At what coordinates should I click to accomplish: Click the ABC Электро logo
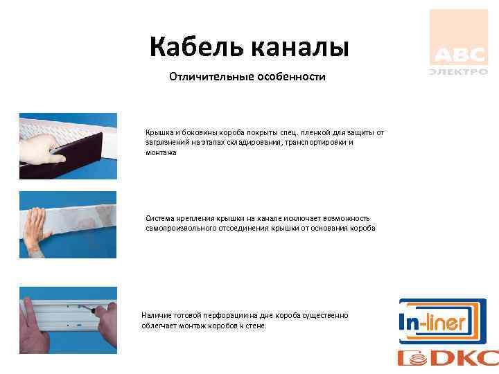click(458, 43)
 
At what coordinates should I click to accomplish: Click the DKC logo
click(448, 357)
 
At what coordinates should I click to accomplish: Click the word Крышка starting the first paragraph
click(158, 132)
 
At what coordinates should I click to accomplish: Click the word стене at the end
click(255, 326)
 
